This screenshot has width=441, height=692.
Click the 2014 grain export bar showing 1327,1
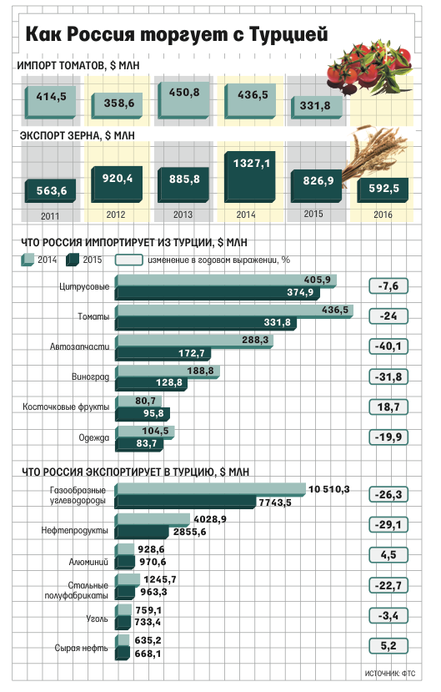tap(250, 176)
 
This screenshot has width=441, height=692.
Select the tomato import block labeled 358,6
tap(118, 105)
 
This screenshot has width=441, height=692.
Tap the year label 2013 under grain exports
tap(183, 215)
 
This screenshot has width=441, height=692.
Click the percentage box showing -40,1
tap(388, 346)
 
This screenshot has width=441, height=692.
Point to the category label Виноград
tap(90, 377)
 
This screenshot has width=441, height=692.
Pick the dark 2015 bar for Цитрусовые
tap(218, 293)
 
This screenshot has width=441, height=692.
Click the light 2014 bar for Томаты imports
tap(234, 311)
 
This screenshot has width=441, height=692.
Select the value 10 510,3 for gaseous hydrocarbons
tap(328, 489)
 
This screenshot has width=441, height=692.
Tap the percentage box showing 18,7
tap(388, 407)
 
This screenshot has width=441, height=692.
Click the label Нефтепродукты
tap(74, 530)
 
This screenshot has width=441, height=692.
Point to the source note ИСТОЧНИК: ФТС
tap(390, 674)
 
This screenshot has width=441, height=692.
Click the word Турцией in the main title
tap(288, 34)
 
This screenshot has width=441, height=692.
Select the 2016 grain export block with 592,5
tap(383, 189)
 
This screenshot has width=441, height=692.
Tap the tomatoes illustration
tap(369, 70)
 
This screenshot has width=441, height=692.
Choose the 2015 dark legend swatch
tap(73, 260)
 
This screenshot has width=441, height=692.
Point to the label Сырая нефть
tap(81, 648)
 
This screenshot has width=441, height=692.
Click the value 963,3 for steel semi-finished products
tap(153, 592)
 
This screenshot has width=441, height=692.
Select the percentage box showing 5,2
tap(388, 646)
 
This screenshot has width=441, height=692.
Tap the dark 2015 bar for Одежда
tap(138, 444)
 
